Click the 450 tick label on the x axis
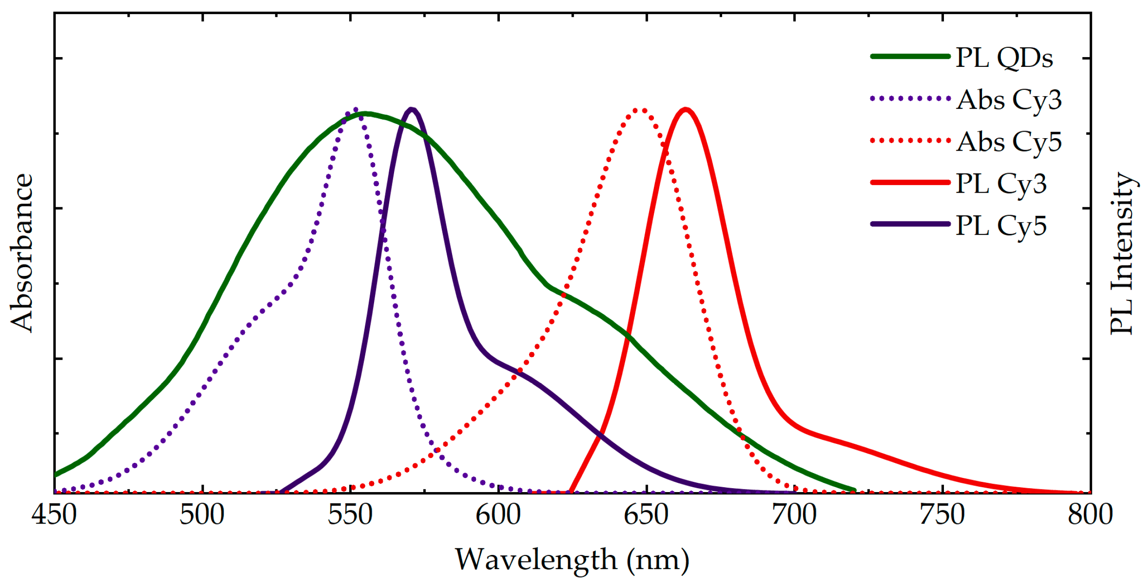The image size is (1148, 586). click(x=54, y=515)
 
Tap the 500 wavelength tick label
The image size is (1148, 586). click(x=202, y=515)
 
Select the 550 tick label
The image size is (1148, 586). click(x=350, y=515)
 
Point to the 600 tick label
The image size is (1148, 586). click(x=498, y=515)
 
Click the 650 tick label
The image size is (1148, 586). click(x=646, y=515)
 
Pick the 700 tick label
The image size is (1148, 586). click(x=795, y=515)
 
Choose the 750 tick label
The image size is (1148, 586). click(x=943, y=515)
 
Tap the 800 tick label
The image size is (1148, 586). click(x=1090, y=515)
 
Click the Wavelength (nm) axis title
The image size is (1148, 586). click(x=572, y=560)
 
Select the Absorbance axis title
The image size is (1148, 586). click(x=21, y=253)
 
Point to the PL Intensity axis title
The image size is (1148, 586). click(x=1122, y=253)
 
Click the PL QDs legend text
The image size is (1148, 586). click(x=1005, y=58)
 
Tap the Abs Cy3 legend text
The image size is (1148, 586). click(x=1009, y=100)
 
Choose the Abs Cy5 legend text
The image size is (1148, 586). click(x=1009, y=142)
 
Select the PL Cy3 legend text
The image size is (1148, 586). click(x=1001, y=184)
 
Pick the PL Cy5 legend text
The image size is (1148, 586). click(x=1001, y=225)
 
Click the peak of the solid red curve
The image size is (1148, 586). click(x=685, y=109)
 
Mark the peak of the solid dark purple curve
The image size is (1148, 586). click(x=412, y=109)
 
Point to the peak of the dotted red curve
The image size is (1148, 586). click(x=641, y=110)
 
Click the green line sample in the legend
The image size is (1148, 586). click(x=910, y=56)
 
